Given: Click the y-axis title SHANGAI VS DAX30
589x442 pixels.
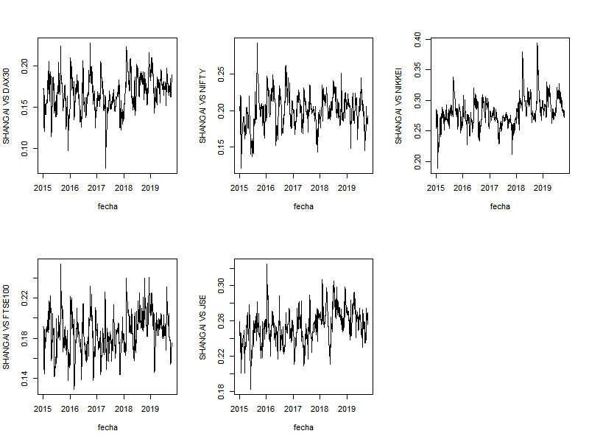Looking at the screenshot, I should coord(7,105).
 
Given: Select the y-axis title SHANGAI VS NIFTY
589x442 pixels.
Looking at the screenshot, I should coord(203,105).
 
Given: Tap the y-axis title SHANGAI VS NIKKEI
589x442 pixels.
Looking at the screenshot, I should coord(400,105).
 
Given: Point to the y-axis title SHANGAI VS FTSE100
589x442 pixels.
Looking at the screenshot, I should coord(7,326).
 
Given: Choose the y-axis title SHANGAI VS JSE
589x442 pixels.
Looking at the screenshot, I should coord(203,326).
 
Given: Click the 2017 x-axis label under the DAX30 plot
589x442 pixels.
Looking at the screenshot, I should coord(96,188).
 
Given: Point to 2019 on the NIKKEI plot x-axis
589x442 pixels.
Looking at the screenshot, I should coord(543,188).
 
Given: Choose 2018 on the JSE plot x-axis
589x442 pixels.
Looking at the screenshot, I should coord(320,409).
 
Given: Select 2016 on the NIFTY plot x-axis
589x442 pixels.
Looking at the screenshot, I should coord(267,188).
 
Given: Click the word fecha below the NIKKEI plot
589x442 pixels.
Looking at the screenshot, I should coord(500,206).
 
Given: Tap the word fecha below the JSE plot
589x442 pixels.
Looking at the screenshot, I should coord(303,427).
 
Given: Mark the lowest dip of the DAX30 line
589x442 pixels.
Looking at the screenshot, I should coord(105,167).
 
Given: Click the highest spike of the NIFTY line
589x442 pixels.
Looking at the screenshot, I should coord(257,43).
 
